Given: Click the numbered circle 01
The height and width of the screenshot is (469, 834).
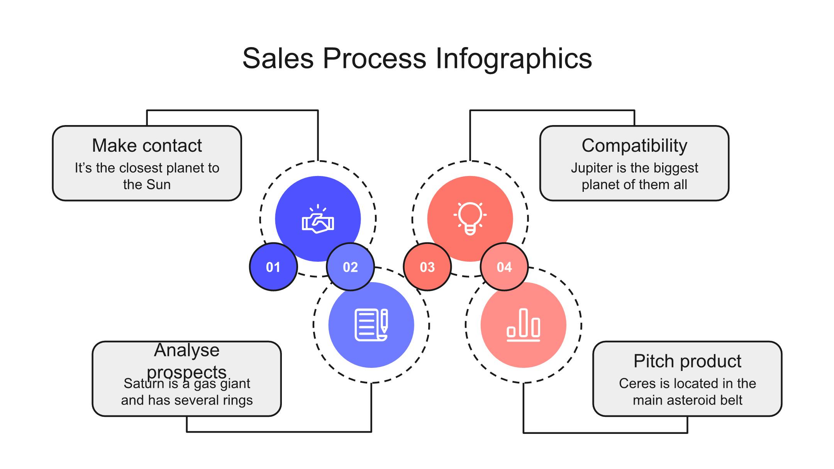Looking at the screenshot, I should point(273,267).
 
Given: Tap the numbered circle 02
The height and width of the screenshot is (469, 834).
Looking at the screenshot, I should point(350,267).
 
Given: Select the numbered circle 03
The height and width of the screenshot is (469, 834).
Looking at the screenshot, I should point(427,267).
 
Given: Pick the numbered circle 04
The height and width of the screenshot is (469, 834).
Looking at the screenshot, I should point(504,267).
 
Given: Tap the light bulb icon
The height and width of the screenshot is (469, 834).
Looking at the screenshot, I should point(470,218).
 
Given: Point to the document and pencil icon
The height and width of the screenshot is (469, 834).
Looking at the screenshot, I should point(371,325).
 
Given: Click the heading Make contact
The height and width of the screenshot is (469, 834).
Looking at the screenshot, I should point(147,146).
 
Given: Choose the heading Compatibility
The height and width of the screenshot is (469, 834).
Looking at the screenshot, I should point(634,146).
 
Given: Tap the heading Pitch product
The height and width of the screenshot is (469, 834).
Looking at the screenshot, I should point(687,361).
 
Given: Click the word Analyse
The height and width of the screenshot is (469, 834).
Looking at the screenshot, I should point(187,350).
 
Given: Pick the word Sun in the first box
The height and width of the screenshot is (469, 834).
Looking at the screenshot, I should point(158,185).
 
